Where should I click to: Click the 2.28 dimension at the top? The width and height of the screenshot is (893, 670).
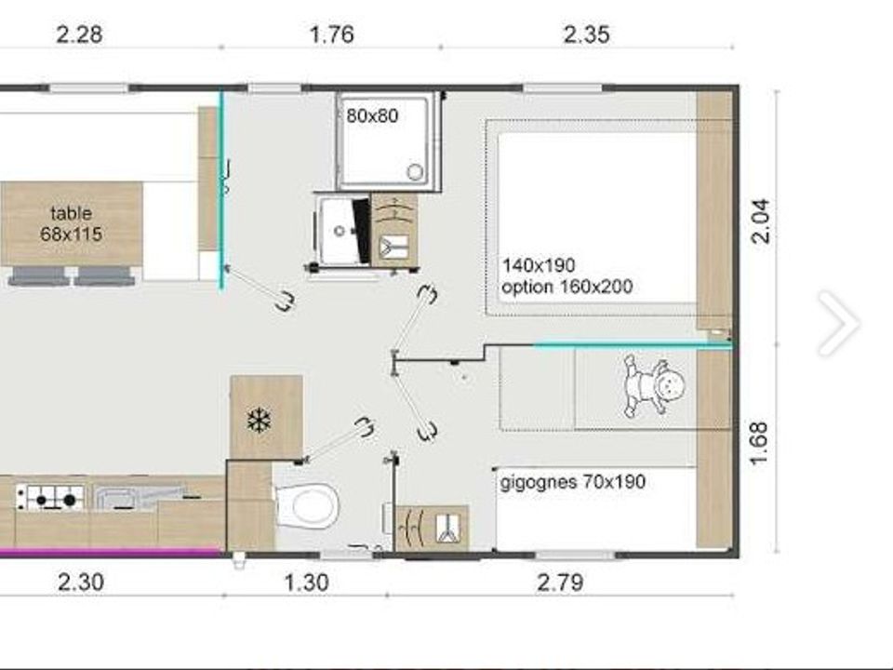pos(80,34)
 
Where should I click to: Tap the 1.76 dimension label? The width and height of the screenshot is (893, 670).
pos(332,34)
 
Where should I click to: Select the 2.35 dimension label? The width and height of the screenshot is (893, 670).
pos(587,34)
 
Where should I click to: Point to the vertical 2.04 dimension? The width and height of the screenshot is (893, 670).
pos(761,221)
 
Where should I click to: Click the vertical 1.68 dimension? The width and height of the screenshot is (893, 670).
pos(759,443)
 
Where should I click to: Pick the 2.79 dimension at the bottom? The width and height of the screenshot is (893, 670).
pos(560,583)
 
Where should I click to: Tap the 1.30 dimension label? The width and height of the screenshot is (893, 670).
pos(306,583)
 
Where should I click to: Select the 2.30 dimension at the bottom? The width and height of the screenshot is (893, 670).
pos(81,583)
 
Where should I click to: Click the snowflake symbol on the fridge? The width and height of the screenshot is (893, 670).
pos(260,421)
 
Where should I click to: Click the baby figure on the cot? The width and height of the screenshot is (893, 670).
pos(654,385)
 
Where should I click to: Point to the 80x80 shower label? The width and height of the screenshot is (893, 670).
pos(372,115)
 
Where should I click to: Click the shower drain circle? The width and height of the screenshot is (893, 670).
pos(415,171)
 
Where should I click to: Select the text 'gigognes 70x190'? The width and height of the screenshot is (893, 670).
pos(573,482)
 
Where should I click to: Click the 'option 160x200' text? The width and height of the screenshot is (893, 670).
pos(566,286)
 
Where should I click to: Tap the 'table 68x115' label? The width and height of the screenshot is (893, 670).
pos(72,223)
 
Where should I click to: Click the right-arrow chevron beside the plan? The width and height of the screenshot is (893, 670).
pos(839,323)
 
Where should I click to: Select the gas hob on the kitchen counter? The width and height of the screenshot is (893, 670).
pos(50,497)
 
